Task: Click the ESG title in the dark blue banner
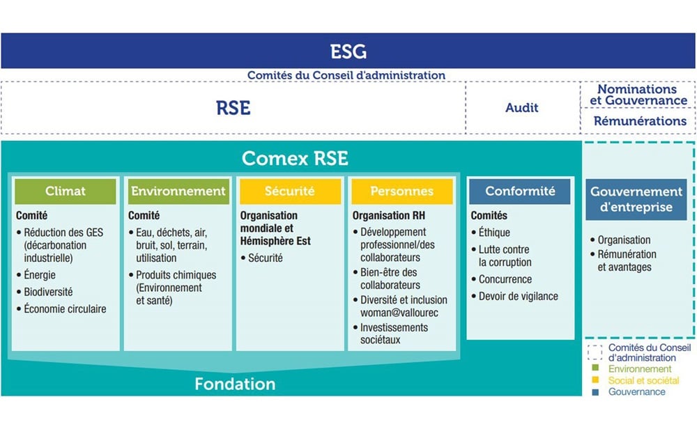(348, 52)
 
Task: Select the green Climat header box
(66, 192)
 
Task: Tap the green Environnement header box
(178, 192)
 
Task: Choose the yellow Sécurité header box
(290, 192)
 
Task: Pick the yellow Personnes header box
(402, 192)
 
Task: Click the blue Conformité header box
(520, 192)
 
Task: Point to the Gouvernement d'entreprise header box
(636, 199)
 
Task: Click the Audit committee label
(521, 107)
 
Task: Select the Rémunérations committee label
(640, 120)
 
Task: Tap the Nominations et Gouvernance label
(638, 95)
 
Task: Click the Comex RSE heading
(295, 159)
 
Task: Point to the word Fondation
(235, 384)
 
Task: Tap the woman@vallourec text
(399, 313)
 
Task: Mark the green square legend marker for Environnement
(596, 368)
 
